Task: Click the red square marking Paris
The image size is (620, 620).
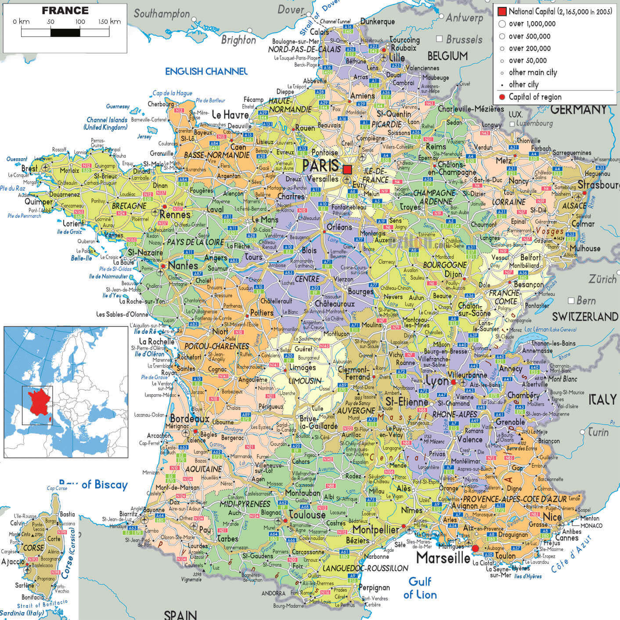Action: click(347, 169)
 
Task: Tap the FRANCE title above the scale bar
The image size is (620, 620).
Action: click(65, 11)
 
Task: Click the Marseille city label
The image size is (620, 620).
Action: click(443, 558)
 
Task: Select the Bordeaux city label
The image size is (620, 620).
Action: click(190, 418)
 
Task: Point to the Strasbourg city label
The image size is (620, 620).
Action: click(598, 185)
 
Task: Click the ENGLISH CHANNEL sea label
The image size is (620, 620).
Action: click(206, 71)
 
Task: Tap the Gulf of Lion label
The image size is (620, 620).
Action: click(420, 588)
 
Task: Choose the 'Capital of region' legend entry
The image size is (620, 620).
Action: click(535, 97)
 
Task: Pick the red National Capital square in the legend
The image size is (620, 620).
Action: click(502, 11)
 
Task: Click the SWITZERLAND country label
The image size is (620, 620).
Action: click(584, 316)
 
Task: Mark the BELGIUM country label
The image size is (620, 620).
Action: click(447, 56)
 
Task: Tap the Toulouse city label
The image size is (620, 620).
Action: click(307, 515)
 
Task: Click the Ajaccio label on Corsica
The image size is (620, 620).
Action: click(13, 562)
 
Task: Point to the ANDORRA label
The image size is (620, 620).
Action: click(274, 593)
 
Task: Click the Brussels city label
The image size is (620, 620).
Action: click(464, 40)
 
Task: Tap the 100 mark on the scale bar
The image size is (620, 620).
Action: click(80, 22)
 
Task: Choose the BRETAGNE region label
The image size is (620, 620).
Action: click(129, 206)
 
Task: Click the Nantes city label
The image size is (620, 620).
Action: click(183, 265)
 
